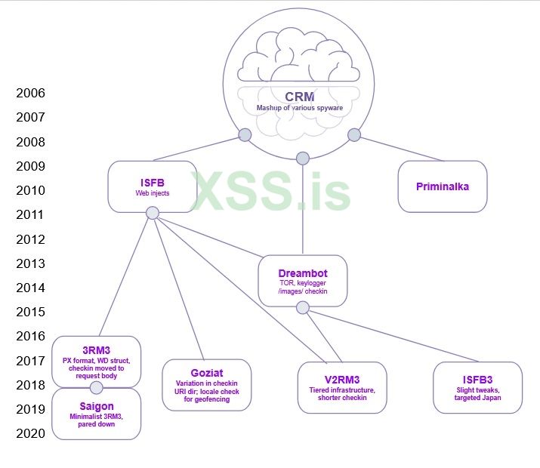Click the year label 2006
(x=30, y=93)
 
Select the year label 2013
(x=30, y=263)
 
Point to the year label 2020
(x=30, y=433)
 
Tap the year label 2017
(x=30, y=360)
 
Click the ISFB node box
(x=153, y=186)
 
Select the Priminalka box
(x=443, y=186)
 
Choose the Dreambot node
(x=303, y=281)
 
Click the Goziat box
(x=207, y=385)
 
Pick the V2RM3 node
(x=342, y=387)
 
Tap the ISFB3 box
(x=477, y=387)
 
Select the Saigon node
(x=96, y=414)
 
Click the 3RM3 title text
(x=96, y=349)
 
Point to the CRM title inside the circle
(x=300, y=97)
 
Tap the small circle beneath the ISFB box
(x=153, y=213)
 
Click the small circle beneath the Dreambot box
(x=303, y=307)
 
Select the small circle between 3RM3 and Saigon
(x=96, y=388)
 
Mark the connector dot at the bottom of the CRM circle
(x=303, y=158)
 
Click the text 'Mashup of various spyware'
(x=300, y=109)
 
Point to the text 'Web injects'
(x=153, y=193)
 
